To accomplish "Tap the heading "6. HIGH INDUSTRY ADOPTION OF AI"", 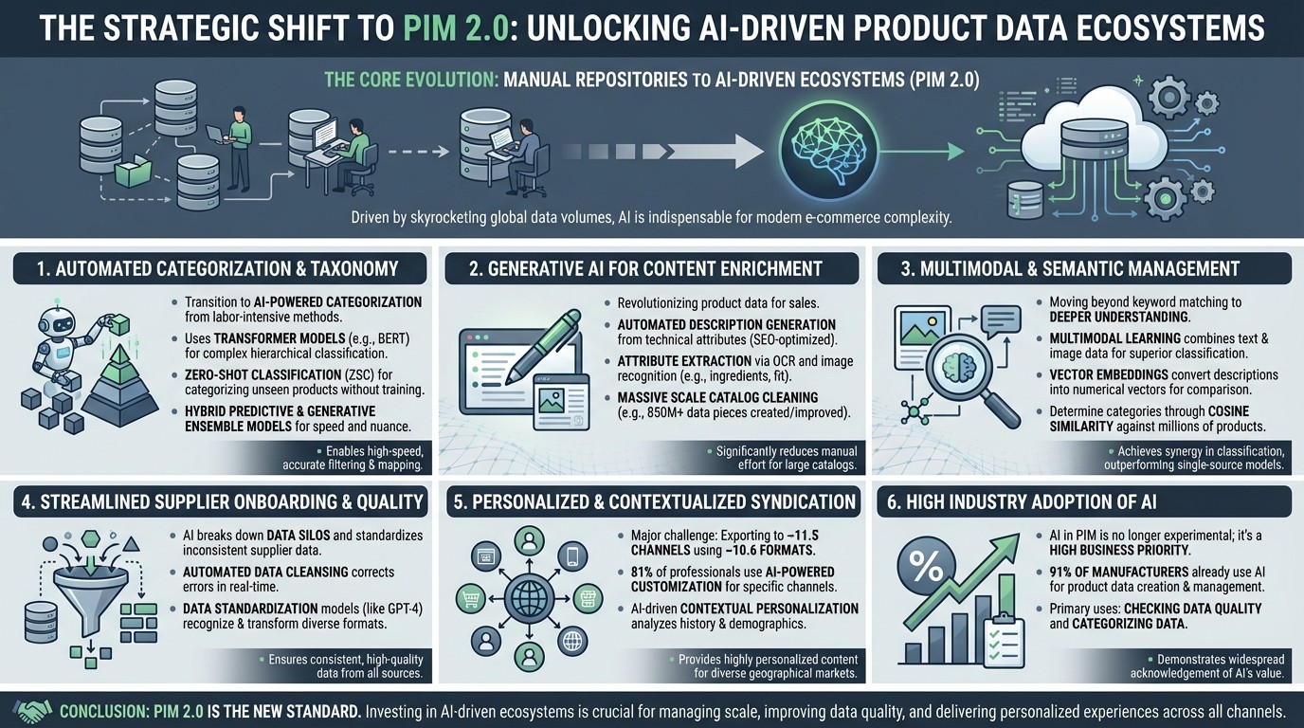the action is (x=1022, y=502).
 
